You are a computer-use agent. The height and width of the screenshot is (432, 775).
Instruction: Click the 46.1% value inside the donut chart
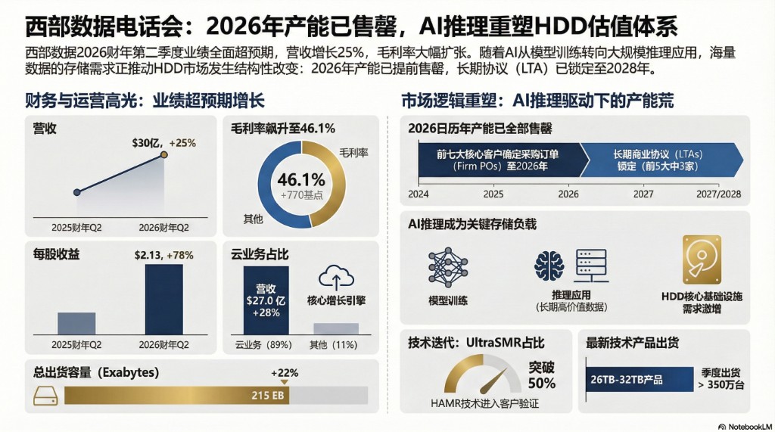pyautogui.click(x=301, y=180)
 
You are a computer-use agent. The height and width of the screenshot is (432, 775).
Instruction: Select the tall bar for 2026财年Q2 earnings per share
pyautogui.click(x=163, y=299)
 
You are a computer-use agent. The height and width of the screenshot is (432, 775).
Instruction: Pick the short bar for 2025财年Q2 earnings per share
pyautogui.click(x=76, y=323)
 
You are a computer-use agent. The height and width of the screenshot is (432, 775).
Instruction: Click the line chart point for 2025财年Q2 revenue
pyautogui.click(x=76, y=192)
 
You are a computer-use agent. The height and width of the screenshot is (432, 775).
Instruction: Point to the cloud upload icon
pyautogui.click(x=336, y=277)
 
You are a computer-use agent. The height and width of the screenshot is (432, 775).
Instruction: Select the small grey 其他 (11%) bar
pyautogui.click(x=335, y=328)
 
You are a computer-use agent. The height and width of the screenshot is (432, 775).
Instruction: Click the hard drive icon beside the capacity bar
pyautogui.click(x=46, y=395)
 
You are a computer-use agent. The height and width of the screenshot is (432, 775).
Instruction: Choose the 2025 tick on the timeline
pyautogui.click(x=493, y=194)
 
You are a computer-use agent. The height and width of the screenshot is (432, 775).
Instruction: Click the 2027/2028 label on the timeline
pyautogui.click(x=718, y=194)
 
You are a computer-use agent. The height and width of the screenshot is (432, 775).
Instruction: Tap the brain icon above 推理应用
pyautogui.click(x=549, y=266)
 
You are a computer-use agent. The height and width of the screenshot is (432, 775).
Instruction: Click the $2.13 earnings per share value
pyautogui.click(x=148, y=255)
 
